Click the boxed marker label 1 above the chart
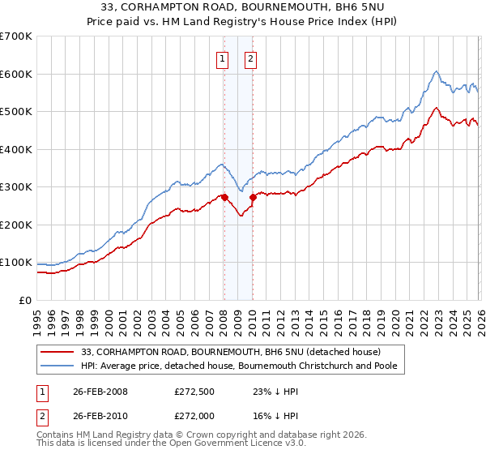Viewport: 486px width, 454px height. coord(222,58)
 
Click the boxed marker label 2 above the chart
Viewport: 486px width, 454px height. coord(251,58)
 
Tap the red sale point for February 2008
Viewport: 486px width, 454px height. coord(224,197)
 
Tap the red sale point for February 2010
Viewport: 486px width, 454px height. coord(253,197)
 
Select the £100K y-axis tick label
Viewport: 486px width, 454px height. coord(16,263)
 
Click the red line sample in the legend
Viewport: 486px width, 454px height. coord(58,351)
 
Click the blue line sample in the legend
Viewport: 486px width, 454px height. coord(58,366)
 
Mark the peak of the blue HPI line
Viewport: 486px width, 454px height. coord(436,71)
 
